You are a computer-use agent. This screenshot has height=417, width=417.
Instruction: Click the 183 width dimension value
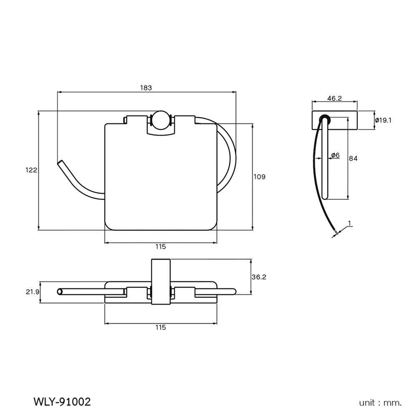point(146,88)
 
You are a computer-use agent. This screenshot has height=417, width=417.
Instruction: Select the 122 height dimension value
point(32,170)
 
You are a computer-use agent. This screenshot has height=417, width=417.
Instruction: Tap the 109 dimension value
point(259,177)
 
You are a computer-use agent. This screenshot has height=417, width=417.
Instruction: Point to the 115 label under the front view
point(161,246)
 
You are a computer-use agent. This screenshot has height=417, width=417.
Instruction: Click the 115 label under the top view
point(161,327)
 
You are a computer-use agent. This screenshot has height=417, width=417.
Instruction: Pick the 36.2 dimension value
point(259,277)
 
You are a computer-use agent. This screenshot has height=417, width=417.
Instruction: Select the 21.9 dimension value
point(32,292)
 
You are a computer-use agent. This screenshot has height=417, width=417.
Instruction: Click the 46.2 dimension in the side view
point(334,98)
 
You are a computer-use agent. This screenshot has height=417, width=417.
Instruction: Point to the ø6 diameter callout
point(335,155)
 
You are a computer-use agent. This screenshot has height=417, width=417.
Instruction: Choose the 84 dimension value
point(353,158)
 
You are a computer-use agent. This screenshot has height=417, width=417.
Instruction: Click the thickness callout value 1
point(349,223)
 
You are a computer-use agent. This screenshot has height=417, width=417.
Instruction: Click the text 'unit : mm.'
point(380,403)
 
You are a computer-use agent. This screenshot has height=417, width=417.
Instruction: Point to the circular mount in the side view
point(324,120)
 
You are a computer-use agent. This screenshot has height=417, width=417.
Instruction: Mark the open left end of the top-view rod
point(60,291)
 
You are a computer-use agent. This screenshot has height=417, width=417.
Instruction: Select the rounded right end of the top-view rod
point(234,291)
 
